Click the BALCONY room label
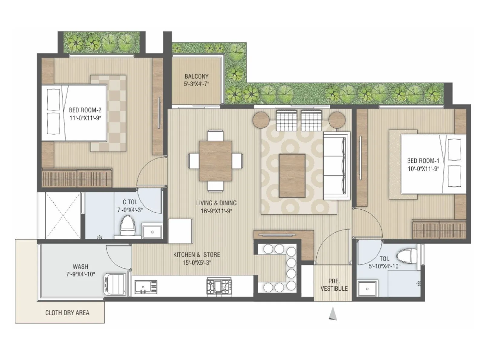(x=196, y=77)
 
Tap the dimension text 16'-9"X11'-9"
(x=216, y=211)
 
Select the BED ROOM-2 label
(x=85, y=110)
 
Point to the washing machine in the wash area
(x=115, y=284)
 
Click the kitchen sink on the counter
(x=146, y=286)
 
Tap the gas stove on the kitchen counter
(x=219, y=286)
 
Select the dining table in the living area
(x=215, y=161)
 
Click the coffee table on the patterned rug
(x=292, y=175)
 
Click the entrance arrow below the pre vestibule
(x=333, y=314)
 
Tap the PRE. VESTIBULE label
(x=334, y=285)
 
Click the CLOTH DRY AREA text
(x=67, y=313)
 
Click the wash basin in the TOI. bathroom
(x=367, y=289)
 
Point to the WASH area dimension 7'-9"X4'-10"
(x=80, y=274)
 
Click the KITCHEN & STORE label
(x=197, y=255)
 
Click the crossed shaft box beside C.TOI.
(x=63, y=215)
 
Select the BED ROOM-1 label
(x=423, y=161)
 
